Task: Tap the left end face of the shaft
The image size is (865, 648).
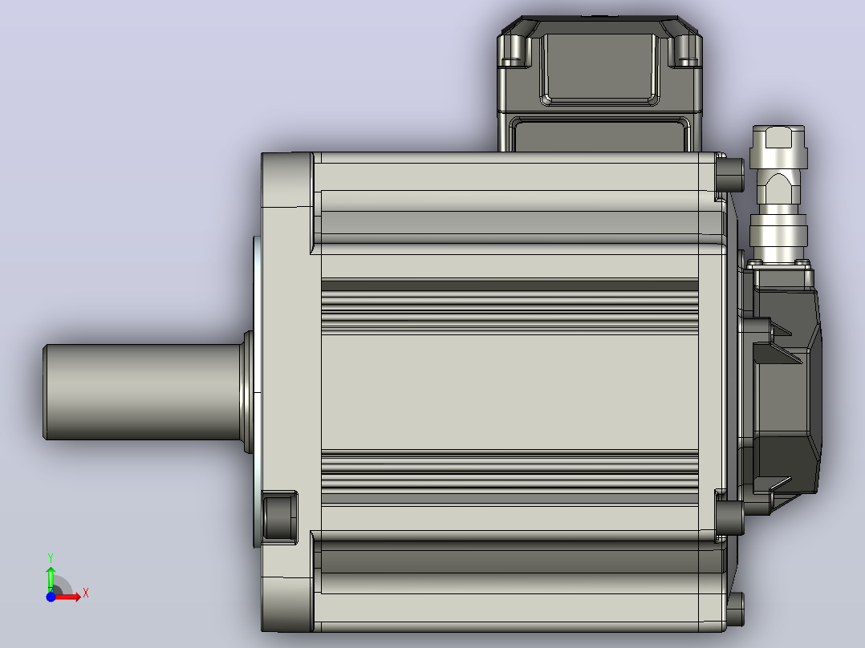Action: (x=45, y=392)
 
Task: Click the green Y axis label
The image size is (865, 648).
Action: (x=51, y=558)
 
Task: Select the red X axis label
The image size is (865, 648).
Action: (x=86, y=593)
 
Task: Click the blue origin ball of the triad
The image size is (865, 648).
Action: (x=51, y=597)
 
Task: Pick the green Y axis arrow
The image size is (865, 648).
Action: (x=51, y=579)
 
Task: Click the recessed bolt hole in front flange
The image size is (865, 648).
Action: (x=280, y=516)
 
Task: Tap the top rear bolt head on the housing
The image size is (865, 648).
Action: (x=730, y=174)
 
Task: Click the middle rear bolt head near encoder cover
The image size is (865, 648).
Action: (x=730, y=517)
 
